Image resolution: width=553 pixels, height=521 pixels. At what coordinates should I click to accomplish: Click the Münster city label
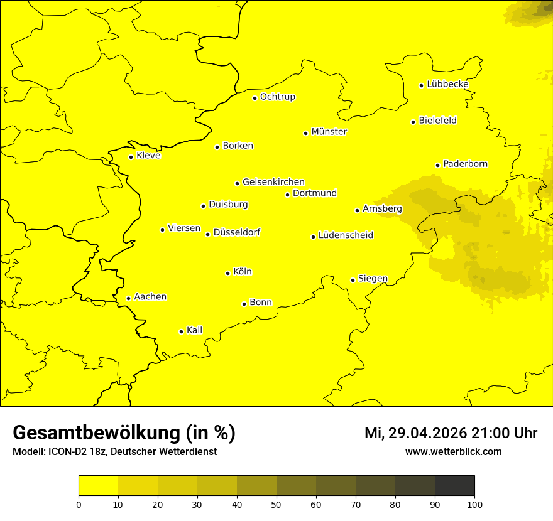click(x=329, y=132)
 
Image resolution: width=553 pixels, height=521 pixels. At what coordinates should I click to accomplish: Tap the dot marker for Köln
click(x=228, y=273)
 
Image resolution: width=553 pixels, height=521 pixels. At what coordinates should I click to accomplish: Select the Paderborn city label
click(x=466, y=164)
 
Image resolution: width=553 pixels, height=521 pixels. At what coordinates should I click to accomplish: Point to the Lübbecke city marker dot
click(x=422, y=85)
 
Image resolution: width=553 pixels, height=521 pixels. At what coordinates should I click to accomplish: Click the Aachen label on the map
click(x=150, y=297)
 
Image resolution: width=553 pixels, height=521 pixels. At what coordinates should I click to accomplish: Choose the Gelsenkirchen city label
click(x=273, y=182)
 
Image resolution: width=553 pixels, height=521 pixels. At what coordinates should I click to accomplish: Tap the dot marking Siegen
click(x=353, y=280)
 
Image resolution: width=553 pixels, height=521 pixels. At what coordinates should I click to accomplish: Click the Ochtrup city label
click(x=278, y=97)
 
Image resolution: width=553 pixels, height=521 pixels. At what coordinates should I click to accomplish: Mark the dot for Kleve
click(x=131, y=157)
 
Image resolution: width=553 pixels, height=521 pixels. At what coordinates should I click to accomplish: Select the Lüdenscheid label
click(x=346, y=235)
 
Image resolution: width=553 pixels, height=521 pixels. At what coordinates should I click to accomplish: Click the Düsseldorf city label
click(x=237, y=232)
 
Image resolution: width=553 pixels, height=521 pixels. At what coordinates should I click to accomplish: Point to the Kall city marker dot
click(x=182, y=331)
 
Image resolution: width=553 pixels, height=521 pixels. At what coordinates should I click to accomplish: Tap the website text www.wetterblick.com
click(x=454, y=451)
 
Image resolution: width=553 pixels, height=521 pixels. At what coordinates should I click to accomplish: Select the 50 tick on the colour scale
click(x=276, y=504)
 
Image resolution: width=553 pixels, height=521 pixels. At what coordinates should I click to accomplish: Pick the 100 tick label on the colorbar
click(x=474, y=504)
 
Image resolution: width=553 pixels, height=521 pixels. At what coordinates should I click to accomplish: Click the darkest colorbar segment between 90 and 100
click(x=454, y=486)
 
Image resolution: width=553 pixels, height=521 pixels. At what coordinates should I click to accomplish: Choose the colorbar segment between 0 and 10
click(x=99, y=486)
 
